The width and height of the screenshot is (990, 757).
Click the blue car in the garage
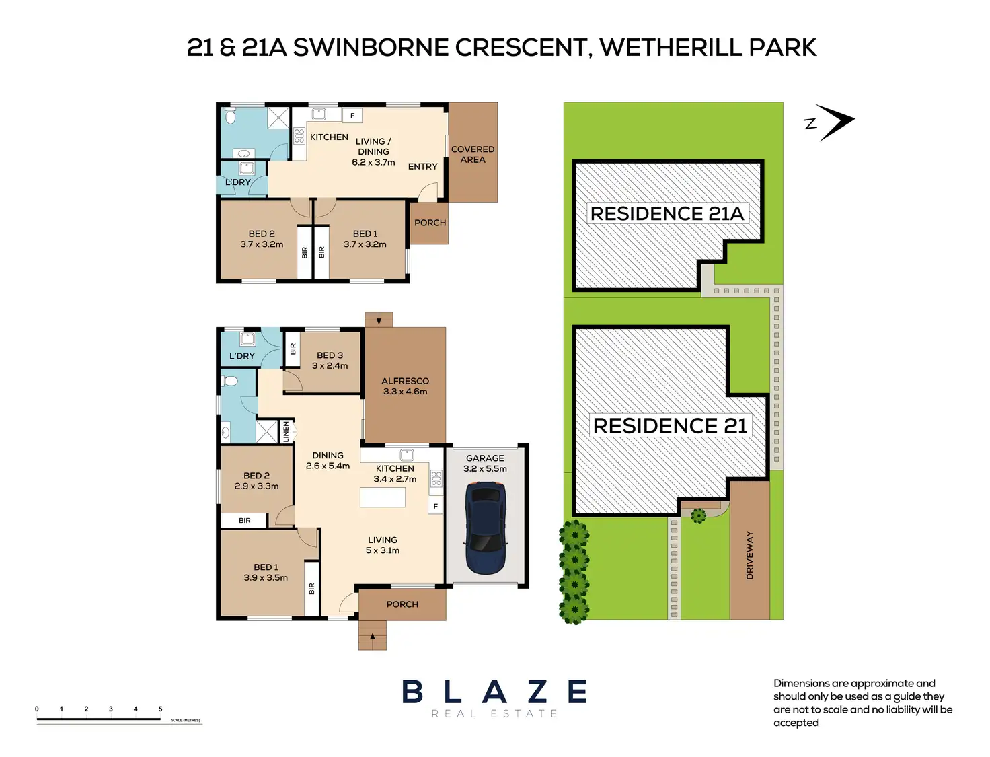click(486, 528)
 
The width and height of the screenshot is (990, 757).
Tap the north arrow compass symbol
click(835, 122)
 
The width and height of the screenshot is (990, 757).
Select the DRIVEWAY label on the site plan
click(750, 555)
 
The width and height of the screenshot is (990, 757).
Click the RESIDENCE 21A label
click(667, 214)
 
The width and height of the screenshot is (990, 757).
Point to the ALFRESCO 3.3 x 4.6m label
click(405, 386)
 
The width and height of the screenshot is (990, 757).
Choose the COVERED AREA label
click(473, 155)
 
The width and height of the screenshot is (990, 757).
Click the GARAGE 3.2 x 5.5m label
click(485, 464)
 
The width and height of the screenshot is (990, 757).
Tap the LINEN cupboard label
click(286, 431)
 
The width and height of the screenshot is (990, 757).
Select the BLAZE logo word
click(494, 692)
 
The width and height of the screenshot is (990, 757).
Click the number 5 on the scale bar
click(160, 709)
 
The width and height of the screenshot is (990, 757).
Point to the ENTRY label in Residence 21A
click(422, 167)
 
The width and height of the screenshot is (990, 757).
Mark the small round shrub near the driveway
click(698, 516)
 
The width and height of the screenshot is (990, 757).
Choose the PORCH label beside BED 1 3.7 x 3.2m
click(430, 223)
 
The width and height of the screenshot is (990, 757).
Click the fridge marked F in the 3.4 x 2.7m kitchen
click(435, 506)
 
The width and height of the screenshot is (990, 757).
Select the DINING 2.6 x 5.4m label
click(328, 460)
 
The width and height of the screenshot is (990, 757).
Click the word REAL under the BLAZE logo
click(454, 714)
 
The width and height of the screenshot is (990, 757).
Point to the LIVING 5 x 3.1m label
click(382, 545)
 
